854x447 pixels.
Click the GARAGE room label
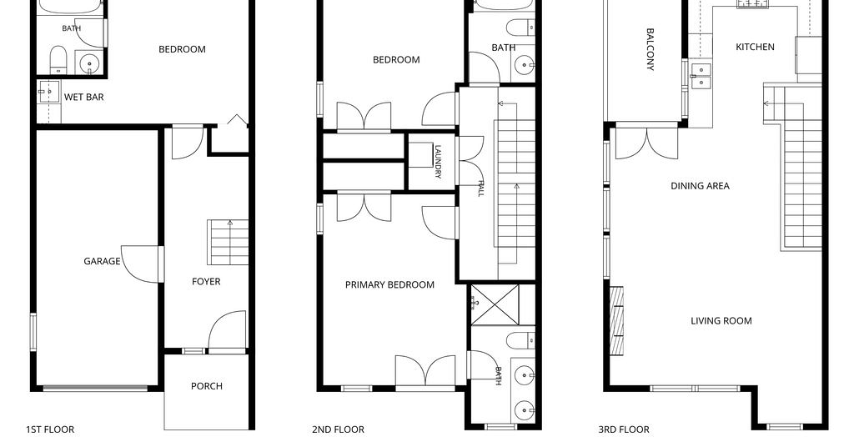[x=102, y=261]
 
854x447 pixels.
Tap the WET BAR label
[x=84, y=98]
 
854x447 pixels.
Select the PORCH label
[x=207, y=386]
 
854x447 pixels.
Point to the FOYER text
[x=206, y=282]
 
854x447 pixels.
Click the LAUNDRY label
[x=438, y=161]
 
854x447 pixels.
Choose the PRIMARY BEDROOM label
[x=389, y=284]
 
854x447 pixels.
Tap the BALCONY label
[x=650, y=49]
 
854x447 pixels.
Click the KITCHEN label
[x=755, y=47]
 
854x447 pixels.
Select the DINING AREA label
[x=700, y=186]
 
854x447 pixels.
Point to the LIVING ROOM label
[x=721, y=321]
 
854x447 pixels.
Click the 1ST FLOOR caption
[x=50, y=429]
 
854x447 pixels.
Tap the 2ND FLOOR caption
[x=339, y=429]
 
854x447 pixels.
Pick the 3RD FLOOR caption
[x=624, y=429]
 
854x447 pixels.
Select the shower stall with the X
[x=495, y=305]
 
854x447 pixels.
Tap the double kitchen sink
[x=701, y=76]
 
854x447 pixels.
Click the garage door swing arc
[x=140, y=264]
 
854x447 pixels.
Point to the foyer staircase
[x=228, y=243]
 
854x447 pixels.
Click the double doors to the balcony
[x=646, y=143]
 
